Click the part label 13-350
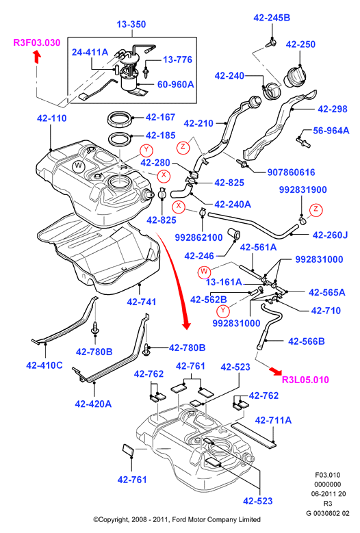click(131, 24)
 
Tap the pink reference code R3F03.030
click(37, 42)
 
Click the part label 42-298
click(333, 109)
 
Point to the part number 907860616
click(292, 172)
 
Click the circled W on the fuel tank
click(79, 166)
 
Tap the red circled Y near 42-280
click(146, 150)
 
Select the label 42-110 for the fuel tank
click(51, 118)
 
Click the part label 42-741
click(142, 302)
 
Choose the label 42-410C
click(44, 365)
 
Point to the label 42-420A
click(93, 404)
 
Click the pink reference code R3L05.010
click(306, 379)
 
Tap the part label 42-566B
click(307, 341)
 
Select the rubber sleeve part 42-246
click(233, 233)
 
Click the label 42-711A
click(273, 420)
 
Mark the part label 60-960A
click(176, 84)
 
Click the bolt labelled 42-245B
click(270, 42)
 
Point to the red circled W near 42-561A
click(204, 271)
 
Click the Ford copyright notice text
click(177, 519)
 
